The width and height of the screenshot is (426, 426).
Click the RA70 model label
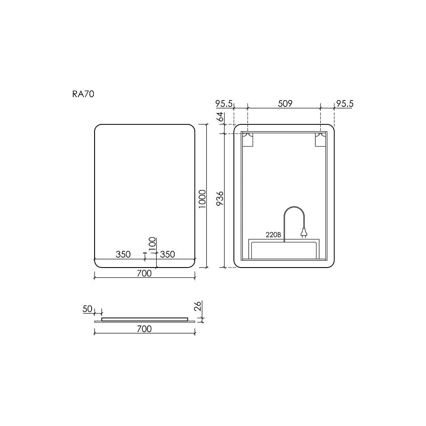83,94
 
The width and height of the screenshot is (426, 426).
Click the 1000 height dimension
202,199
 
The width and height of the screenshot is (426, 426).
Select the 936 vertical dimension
220,198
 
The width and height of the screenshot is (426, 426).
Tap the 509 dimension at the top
285,104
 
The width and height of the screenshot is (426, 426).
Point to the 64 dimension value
220,117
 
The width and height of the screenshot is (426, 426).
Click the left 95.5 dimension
224,104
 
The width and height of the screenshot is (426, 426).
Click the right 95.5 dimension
345,104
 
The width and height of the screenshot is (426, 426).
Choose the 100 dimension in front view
153,244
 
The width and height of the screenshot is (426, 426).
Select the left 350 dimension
123,254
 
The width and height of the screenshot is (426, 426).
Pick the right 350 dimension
167,254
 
